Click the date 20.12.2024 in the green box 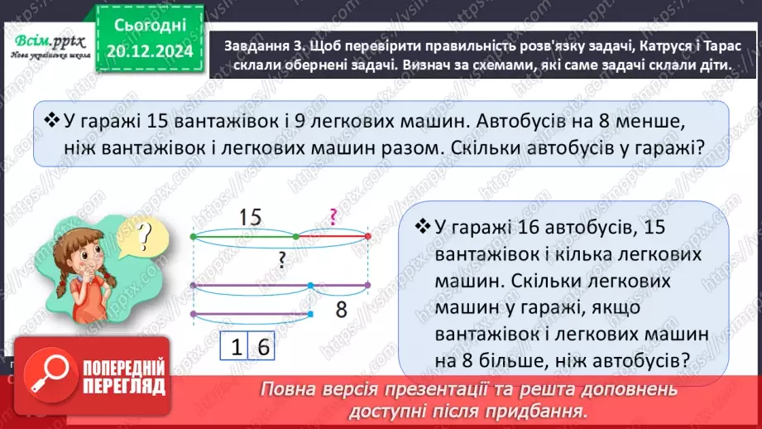point(150,51)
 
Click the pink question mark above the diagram point(332,218)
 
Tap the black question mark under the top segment point(282,261)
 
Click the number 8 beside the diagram point(340,311)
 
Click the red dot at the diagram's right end point(367,236)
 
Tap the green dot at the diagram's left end point(193,236)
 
